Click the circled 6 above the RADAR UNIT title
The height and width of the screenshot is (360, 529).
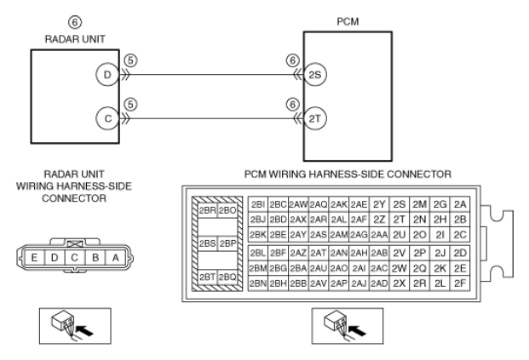(75, 22)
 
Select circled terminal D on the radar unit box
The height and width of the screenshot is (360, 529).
(107, 75)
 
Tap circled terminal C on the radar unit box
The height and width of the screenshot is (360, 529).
(107, 118)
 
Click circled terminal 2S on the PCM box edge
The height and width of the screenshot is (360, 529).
(315, 75)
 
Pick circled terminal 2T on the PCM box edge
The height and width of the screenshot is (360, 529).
(315, 118)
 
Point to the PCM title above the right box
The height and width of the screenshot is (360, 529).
(348, 21)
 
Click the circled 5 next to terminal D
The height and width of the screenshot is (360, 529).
(131, 60)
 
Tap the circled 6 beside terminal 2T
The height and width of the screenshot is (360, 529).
(292, 105)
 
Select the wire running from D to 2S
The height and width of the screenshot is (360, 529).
(211, 75)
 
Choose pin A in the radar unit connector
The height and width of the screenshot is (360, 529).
(115, 258)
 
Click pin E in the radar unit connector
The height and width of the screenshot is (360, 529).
(34, 258)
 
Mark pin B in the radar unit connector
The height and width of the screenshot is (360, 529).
(95, 258)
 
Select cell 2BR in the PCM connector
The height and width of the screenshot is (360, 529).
(207, 210)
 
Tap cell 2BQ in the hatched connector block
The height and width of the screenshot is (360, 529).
(227, 277)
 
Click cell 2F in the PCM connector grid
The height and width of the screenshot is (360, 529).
(460, 283)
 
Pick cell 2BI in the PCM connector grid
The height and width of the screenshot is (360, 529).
(258, 204)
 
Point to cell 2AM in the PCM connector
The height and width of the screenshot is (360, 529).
(339, 235)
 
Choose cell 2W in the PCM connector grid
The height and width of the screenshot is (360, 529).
(400, 268)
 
